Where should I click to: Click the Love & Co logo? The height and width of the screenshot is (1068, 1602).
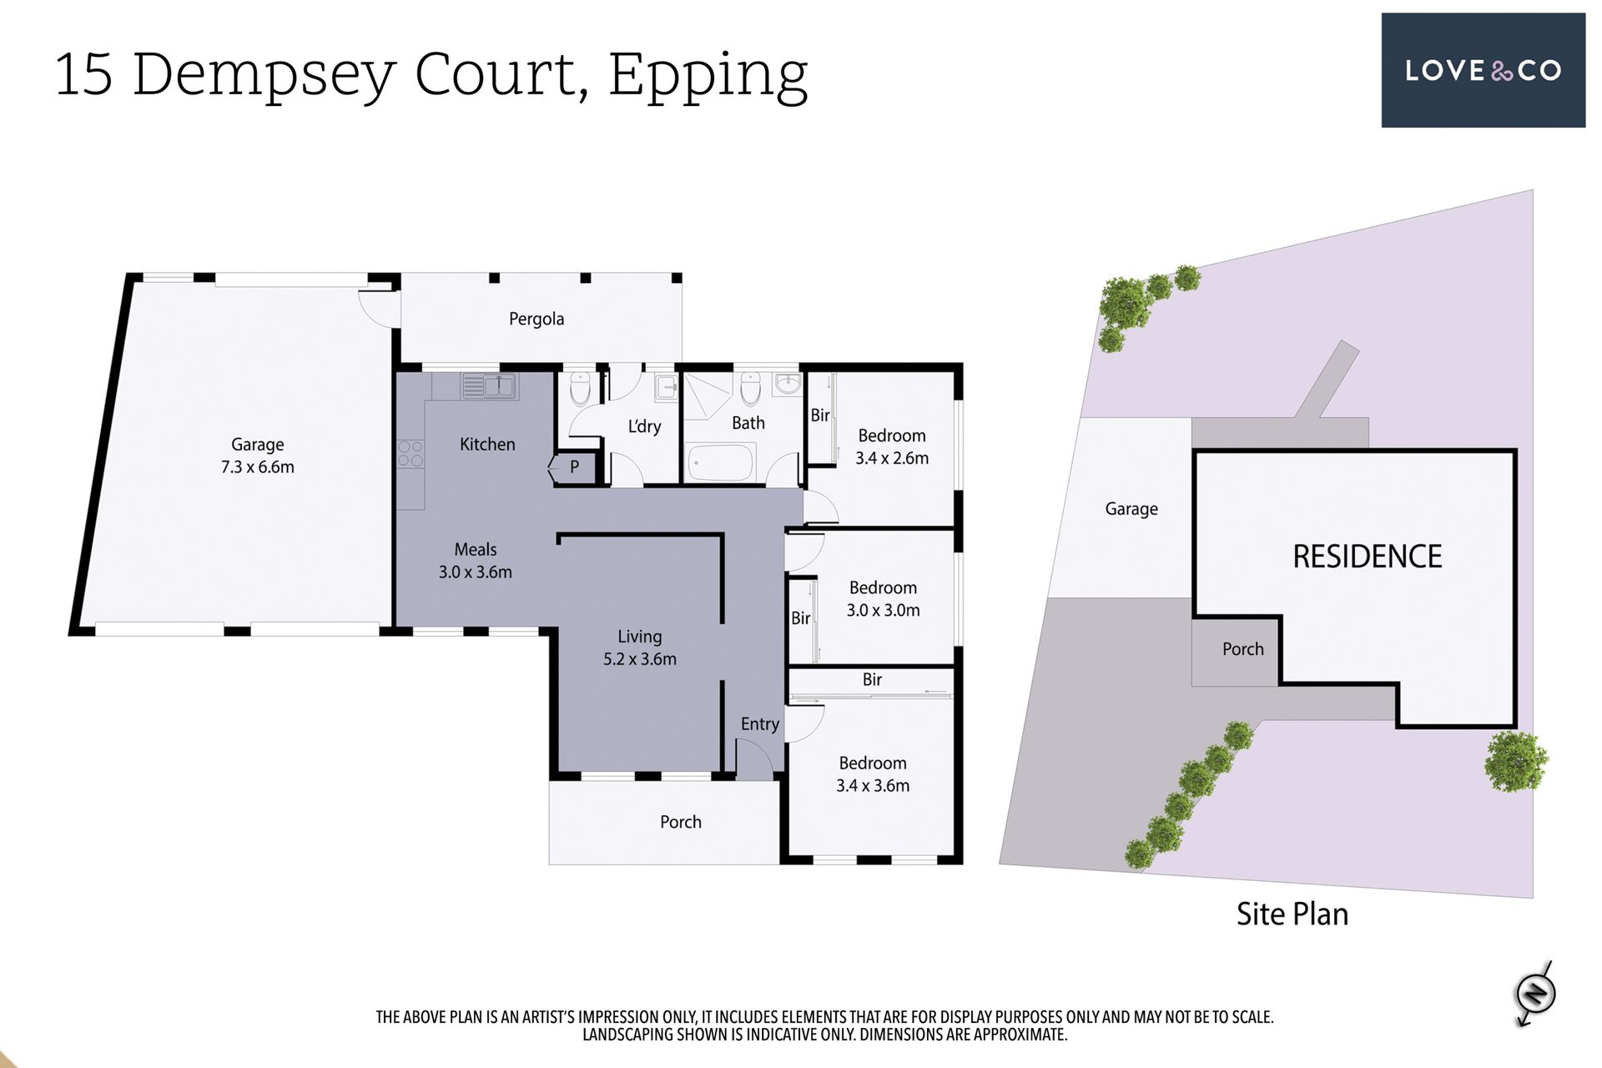click(1483, 70)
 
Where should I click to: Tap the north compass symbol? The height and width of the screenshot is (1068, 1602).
click(1535, 994)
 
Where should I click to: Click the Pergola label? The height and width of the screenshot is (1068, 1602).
click(537, 319)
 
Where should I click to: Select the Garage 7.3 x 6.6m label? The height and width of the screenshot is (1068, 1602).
click(258, 456)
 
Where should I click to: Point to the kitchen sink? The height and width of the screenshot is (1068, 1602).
click(490, 386)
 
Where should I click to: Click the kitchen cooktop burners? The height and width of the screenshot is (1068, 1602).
click(410, 454)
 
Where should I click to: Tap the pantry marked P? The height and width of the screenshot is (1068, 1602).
click(574, 467)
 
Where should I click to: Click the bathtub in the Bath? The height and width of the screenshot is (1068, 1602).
click(721, 462)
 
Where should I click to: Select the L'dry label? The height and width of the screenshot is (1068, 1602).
click(644, 426)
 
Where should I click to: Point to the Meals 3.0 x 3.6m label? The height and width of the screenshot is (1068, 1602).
click(476, 561)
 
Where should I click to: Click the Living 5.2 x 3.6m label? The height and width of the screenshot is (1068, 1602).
click(640, 647)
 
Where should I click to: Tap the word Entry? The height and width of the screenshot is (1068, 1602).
click(760, 724)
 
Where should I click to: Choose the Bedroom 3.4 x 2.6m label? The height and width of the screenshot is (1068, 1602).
click(892, 446)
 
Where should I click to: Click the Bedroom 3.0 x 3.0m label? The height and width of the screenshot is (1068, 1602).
click(883, 598)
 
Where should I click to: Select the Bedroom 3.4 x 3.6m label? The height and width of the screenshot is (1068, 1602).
click(873, 773)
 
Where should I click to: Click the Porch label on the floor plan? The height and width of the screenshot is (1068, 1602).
click(681, 822)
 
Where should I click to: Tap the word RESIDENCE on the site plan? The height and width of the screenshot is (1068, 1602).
click(1368, 557)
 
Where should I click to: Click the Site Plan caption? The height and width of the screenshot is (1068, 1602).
click(1292, 914)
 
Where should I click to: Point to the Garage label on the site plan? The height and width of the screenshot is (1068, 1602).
click(1131, 509)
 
